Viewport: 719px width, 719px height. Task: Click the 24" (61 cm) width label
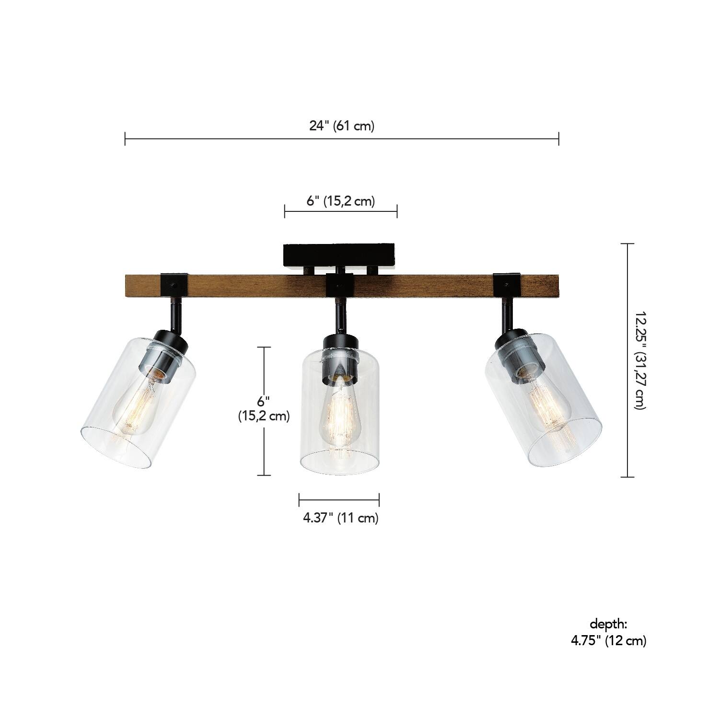[341, 126]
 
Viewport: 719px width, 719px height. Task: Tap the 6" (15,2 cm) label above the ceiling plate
[340, 201]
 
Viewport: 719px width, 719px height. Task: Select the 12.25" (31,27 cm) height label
[641, 360]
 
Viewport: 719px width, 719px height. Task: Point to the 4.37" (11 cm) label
[340, 518]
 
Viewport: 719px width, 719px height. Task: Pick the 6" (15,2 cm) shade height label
[264, 408]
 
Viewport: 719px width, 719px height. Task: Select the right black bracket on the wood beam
[506, 285]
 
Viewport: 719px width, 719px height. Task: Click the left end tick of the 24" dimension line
[125, 139]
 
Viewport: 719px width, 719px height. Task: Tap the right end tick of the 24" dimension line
[559, 139]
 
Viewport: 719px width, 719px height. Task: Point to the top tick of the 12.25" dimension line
[627, 244]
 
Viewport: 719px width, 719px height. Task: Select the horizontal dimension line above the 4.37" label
[339, 499]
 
